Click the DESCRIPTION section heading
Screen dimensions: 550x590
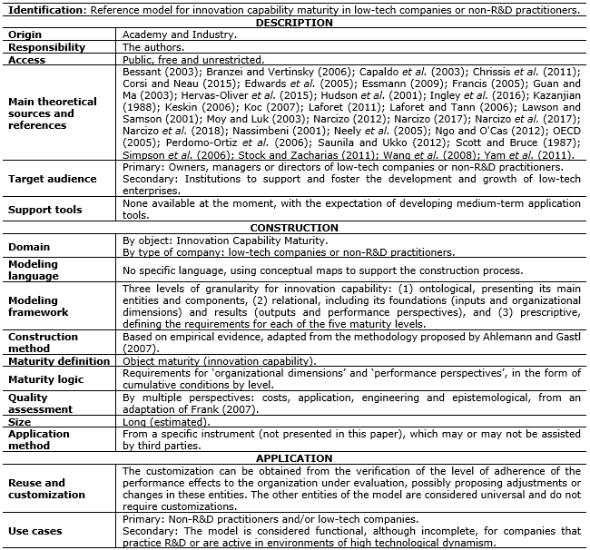pyautogui.click(x=294, y=23)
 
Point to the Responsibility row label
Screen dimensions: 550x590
pyautogui.click(x=46, y=47)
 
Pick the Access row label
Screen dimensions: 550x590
pyautogui.click(x=26, y=60)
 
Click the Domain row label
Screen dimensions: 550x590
pyautogui.click(x=29, y=246)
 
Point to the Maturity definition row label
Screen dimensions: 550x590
pyautogui.click(x=59, y=361)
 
